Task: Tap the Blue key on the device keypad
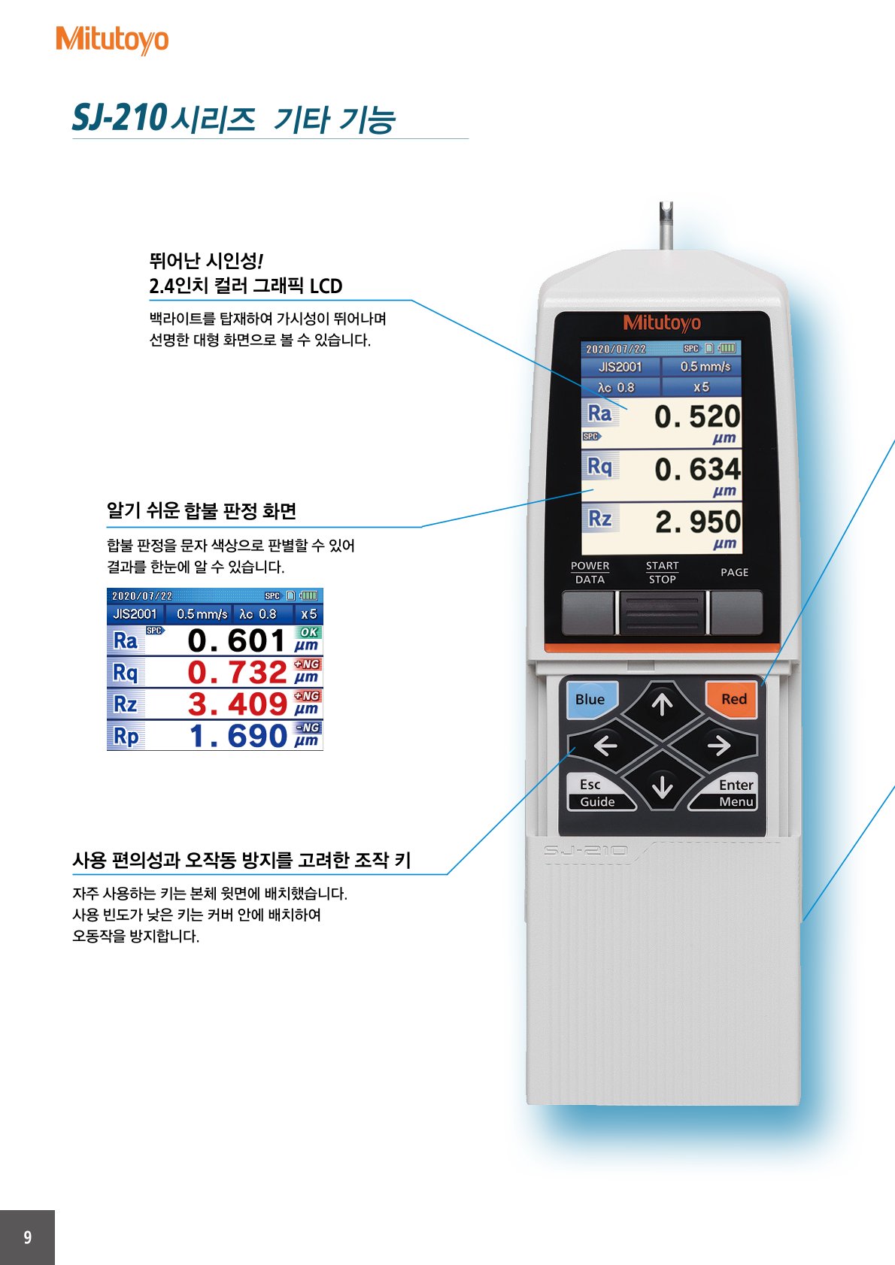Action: [x=590, y=699]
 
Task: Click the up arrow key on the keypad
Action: [x=662, y=704]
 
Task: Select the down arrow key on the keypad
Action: [x=662, y=787]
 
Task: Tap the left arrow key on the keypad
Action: [x=606, y=746]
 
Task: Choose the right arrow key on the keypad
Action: [x=718, y=746]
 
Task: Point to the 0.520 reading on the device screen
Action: [x=696, y=416]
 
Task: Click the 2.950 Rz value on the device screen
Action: [x=697, y=522]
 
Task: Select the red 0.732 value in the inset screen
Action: [x=237, y=673]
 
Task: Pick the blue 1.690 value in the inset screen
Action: [x=238, y=737]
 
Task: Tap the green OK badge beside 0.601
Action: [x=308, y=632]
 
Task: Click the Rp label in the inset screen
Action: [x=126, y=737]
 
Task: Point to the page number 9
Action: [x=28, y=1237]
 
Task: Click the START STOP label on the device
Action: [x=662, y=572]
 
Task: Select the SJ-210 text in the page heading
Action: [x=119, y=118]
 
